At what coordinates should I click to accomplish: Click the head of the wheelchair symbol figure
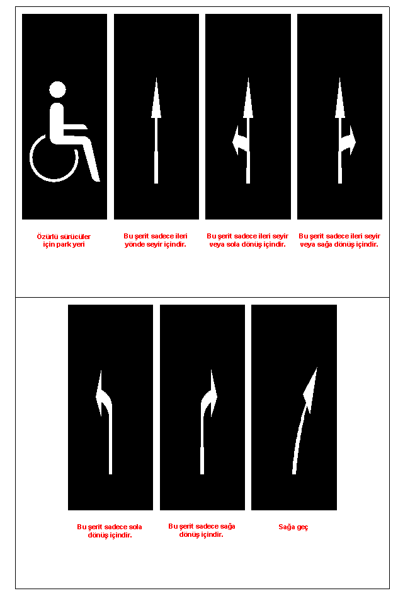pos(57,90)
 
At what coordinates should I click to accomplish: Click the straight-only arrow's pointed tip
pos(156,79)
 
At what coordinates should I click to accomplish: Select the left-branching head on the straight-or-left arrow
pos(237,141)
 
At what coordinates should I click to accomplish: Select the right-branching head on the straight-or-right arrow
pos(351,141)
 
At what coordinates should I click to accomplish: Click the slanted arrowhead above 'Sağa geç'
pos(311,390)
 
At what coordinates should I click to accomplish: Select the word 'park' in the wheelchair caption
pos(64,245)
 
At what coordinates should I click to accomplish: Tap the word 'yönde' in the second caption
pos(134,245)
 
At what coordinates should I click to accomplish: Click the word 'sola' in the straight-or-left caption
pos(232,245)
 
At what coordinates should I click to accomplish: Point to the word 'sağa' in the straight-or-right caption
pos(324,245)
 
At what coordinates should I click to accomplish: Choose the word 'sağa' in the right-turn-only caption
pos(228,526)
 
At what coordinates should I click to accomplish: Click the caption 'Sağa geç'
pos(293,527)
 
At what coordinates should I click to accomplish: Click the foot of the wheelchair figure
pos(95,179)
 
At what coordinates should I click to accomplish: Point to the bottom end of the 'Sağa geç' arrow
pos(294,473)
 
